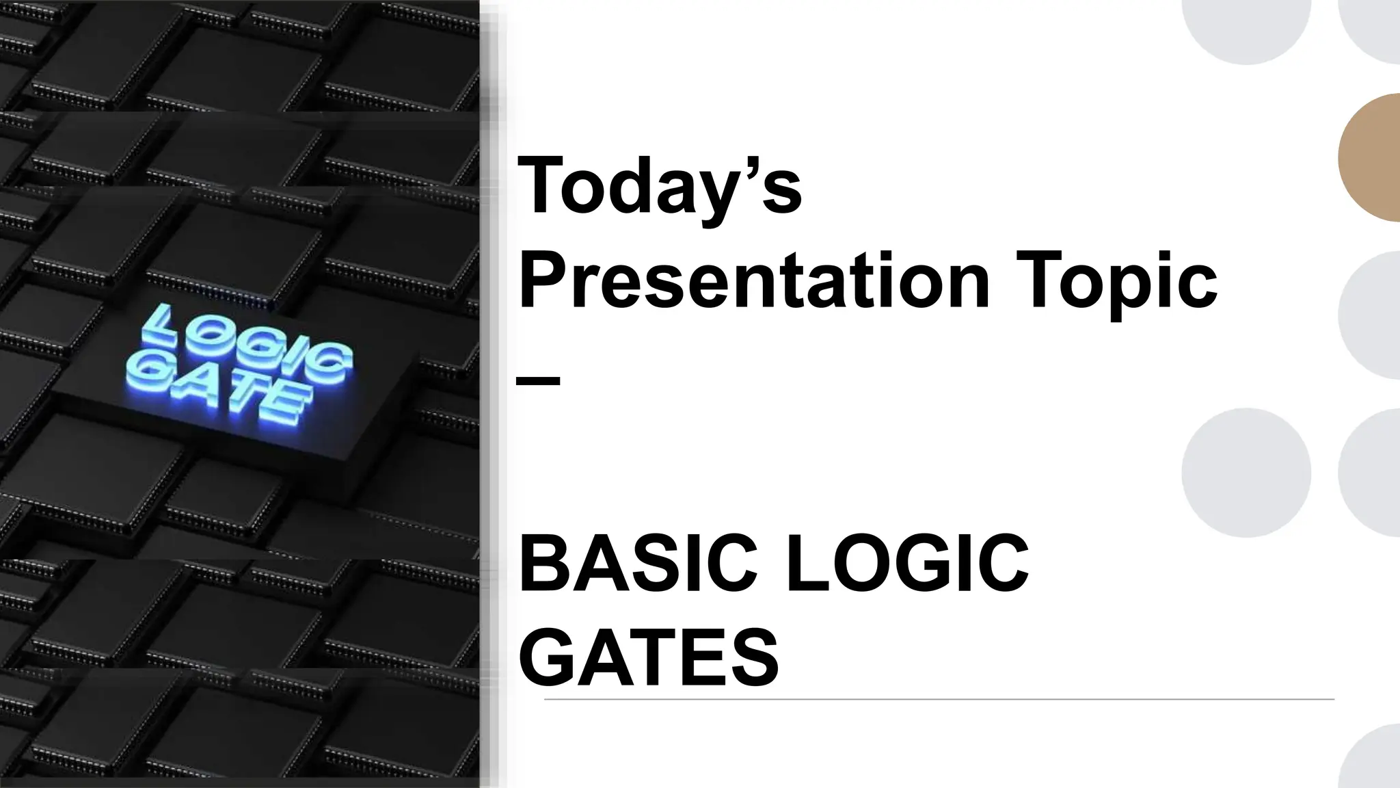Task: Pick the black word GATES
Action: [x=649, y=657]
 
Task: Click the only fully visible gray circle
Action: [x=1246, y=473]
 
